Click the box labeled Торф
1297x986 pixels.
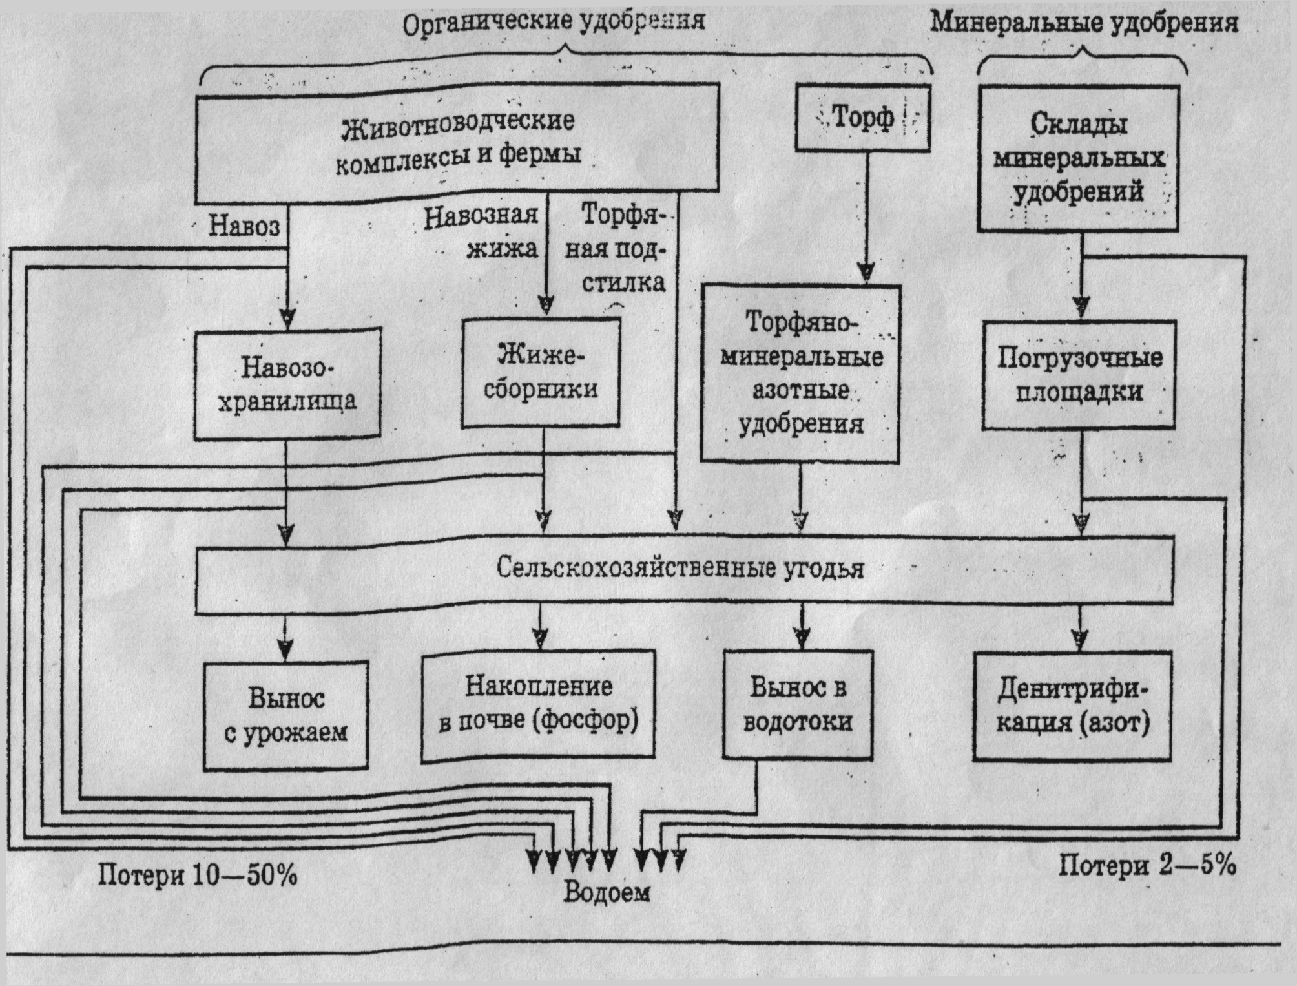pos(862,119)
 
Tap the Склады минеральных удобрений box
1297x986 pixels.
pos(1078,158)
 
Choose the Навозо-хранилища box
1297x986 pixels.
pos(287,384)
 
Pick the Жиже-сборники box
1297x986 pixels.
pos(541,373)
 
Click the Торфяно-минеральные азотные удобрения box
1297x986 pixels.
pos(800,373)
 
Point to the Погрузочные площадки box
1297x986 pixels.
pos(1079,375)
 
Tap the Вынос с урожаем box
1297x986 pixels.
pos(285,715)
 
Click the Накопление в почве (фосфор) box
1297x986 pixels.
pos(538,704)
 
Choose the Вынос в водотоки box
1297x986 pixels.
pos(798,704)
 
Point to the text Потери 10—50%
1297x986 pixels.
pos(198,876)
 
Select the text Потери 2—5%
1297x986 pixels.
pos(1147,865)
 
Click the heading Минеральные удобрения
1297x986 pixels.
pos(1084,24)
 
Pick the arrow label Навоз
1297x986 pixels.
pos(244,226)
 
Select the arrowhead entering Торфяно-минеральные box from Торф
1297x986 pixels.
pos(866,271)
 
